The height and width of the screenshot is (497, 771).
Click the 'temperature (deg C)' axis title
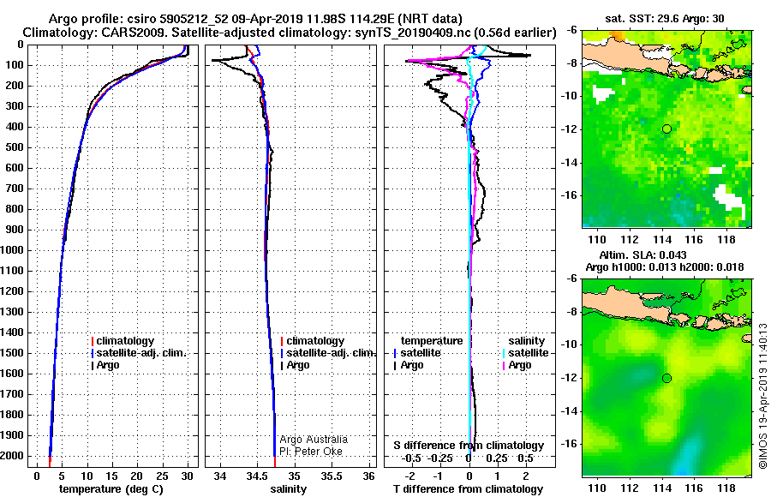pyautogui.click(x=111, y=489)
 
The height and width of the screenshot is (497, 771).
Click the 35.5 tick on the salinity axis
pyautogui.click(x=332, y=476)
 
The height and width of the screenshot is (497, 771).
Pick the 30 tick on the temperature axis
pyautogui.click(x=188, y=476)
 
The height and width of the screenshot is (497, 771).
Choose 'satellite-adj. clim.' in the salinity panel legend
pyautogui.click(x=329, y=353)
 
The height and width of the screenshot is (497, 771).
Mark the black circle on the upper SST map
pyautogui.click(x=666, y=129)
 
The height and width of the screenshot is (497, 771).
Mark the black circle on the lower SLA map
pyautogui.click(x=666, y=378)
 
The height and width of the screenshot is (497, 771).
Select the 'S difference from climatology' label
pyautogui.click(x=468, y=446)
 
